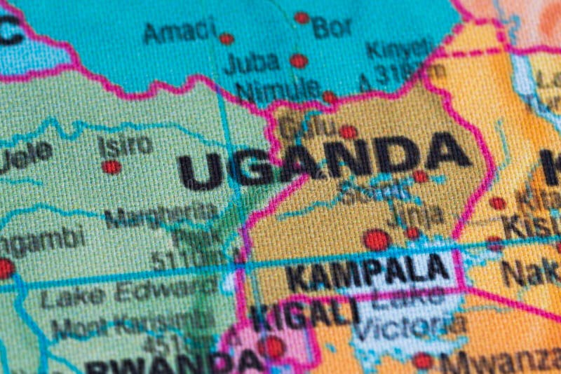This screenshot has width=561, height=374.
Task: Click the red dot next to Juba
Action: (x=299, y=61)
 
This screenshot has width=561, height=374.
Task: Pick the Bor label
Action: (x=332, y=27)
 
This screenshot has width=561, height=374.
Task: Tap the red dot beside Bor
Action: (x=302, y=18)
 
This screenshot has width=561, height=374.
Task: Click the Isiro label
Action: (x=125, y=144)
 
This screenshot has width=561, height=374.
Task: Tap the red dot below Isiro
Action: (x=111, y=167)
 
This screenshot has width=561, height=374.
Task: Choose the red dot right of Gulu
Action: (x=348, y=131)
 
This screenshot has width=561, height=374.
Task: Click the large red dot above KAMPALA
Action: (x=377, y=240)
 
